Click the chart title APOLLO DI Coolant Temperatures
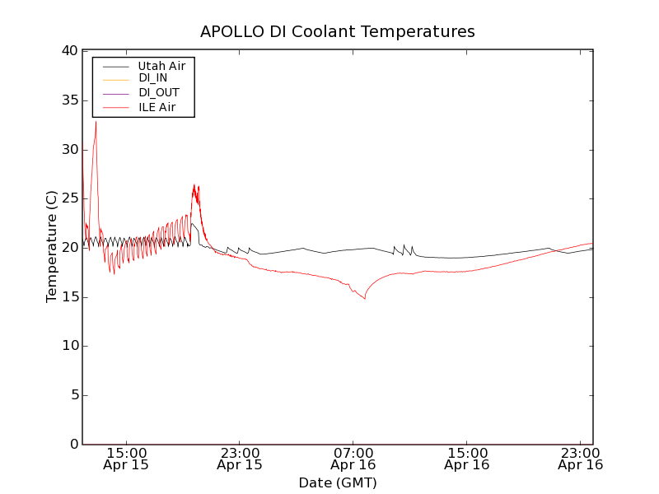338,32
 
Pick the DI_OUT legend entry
159,92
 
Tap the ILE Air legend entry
157,107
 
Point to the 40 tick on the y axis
68,51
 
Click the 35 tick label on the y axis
68,100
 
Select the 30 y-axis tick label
68,150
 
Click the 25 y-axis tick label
68,198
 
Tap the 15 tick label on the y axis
68,297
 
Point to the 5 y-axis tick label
73,395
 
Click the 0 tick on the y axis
73,445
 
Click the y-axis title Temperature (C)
51,247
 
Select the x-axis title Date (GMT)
338,483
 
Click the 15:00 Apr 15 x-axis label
126,459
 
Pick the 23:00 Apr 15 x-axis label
240,459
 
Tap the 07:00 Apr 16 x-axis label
353,459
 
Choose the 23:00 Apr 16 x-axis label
581,459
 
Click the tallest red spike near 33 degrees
96,122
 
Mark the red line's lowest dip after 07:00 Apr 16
364,298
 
